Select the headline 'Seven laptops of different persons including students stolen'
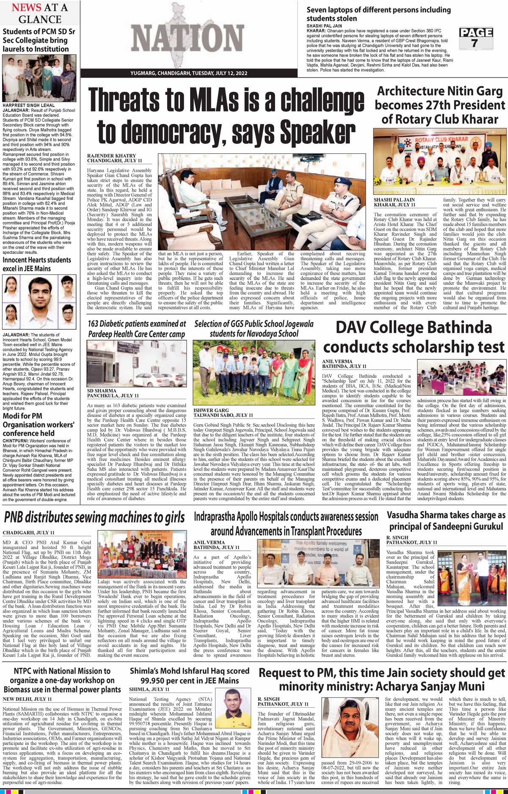click(x=378, y=14)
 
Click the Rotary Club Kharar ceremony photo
click(x=439, y=163)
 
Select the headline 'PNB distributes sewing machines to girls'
click(x=94, y=517)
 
